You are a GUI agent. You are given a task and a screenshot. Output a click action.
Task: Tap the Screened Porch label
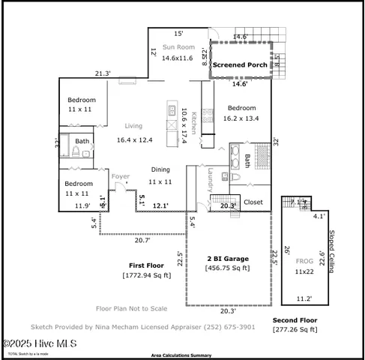(239, 65)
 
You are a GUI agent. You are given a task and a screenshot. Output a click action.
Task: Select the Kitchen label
(193, 120)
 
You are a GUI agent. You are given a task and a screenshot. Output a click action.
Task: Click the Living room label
(133, 126)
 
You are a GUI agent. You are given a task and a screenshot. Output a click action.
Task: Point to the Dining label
(160, 169)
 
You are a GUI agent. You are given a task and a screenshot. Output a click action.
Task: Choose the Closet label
(253, 202)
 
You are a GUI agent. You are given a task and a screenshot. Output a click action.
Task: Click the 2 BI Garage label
(228, 258)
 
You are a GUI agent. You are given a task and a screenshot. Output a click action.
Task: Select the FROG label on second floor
(304, 261)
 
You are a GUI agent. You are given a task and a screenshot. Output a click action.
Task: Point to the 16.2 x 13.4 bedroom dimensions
(241, 118)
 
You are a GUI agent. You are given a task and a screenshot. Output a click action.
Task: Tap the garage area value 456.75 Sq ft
(228, 268)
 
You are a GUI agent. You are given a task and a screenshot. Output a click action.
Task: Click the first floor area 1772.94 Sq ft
(147, 275)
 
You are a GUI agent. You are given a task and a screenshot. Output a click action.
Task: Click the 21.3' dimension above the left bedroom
(103, 73)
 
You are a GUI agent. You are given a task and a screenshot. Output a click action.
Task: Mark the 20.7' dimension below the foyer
(142, 240)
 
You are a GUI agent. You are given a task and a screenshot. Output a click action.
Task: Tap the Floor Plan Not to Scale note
(132, 308)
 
